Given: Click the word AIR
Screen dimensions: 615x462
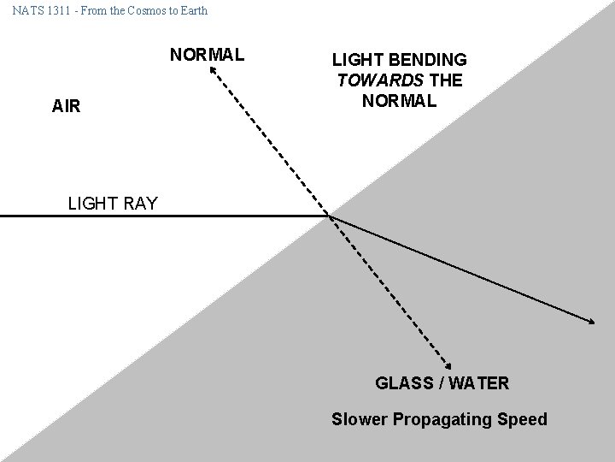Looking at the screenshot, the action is [x=67, y=106].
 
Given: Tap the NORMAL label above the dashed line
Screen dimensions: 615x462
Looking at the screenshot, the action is [x=207, y=55].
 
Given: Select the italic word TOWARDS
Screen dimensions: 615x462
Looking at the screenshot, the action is [x=380, y=80].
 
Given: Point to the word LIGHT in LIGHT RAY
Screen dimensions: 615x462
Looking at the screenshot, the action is [x=92, y=204].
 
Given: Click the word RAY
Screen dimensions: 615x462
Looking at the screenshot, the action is [x=140, y=204].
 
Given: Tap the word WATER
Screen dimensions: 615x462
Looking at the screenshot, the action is [x=479, y=383].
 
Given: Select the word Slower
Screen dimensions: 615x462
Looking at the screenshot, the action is [x=360, y=419].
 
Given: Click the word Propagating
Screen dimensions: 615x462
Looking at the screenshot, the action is [x=442, y=420].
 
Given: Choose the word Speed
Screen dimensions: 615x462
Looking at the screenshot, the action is [x=523, y=420].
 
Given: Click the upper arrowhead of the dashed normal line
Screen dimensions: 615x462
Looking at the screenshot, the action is [x=212, y=69].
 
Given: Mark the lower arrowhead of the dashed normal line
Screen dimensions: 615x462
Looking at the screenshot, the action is [x=448, y=366].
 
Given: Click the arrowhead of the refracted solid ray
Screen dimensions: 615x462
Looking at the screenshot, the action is [x=591, y=322].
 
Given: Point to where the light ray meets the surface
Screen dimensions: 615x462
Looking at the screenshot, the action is [x=329, y=216].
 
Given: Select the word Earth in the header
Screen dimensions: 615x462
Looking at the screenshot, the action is [x=194, y=10].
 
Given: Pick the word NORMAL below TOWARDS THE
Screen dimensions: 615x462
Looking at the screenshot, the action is [x=399, y=101].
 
